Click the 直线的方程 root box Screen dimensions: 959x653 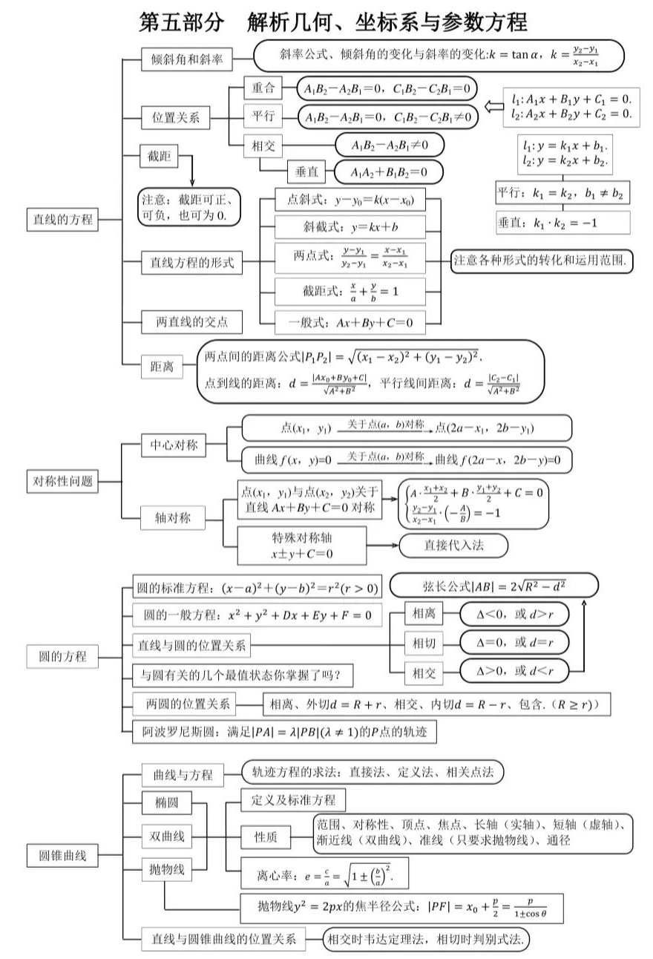pyautogui.click(x=62, y=219)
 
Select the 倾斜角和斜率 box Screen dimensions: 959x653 pyautogui.click(x=186, y=59)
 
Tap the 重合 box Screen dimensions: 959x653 pyautogui.click(x=263, y=88)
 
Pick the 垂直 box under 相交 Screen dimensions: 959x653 pyautogui.click(x=306, y=171)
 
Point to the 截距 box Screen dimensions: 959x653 pyautogui.click(x=159, y=156)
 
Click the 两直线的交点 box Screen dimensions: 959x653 pyautogui.click(x=191, y=321)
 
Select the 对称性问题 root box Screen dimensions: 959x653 pyautogui.click(x=62, y=480)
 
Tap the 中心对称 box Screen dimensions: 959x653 pyautogui.click(x=173, y=445)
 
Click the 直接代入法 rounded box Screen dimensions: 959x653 pyautogui.click(x=453, y=546)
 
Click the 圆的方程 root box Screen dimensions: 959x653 pyautogui.click(x=62, y=656)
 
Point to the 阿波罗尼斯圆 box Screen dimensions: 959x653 pyautogui.click(x=284, y=732)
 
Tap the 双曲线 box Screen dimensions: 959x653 pyautogui.click(x=167, y=837)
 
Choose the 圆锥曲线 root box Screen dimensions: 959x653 pyautogui.click(x=62, y=855)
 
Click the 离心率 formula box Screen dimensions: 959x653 pyautogui.click(x=324, y=875)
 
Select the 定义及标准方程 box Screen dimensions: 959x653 pyautogui.click(x=293, y=799)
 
